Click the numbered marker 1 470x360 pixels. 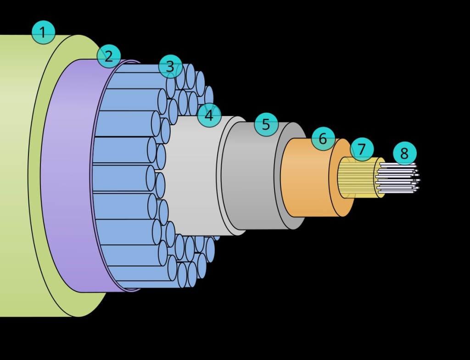[x=43, y=33]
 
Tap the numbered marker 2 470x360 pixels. [x=108, y=56]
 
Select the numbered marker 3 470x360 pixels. [x=170, y=66]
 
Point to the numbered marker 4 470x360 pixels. [x=209, y=116]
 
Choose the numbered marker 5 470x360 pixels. [x=266, y=124]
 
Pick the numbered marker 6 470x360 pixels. [x=323, y=138]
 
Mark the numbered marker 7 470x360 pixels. [x=362, y=149]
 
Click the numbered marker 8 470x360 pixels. [x=404, y=153]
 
